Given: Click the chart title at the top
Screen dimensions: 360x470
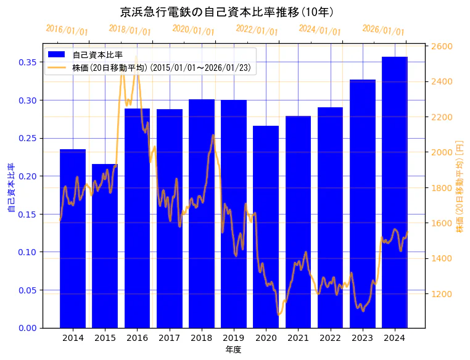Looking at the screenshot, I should (x=227, y=12).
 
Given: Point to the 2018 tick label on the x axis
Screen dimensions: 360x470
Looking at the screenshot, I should (x=202, y=338).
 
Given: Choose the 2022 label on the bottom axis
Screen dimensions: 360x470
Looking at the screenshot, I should (x=330, y=338).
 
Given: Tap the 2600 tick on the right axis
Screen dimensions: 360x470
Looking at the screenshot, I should (x=441, y=46).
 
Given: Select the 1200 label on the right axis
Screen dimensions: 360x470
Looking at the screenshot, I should (x=441, y=294).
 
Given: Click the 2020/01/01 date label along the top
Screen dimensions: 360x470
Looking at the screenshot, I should (x=194, y=30).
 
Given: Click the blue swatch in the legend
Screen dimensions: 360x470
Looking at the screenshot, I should (x=58, y=55).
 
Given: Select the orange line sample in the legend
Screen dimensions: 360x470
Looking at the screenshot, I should (x=58, y=68).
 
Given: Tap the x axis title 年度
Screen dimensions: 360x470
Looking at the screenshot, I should (x=233, y=350).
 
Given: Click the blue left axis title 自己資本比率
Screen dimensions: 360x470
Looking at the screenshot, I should (x=11, y=188).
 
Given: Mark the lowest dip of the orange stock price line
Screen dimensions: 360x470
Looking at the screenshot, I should (x=279, y=314).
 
